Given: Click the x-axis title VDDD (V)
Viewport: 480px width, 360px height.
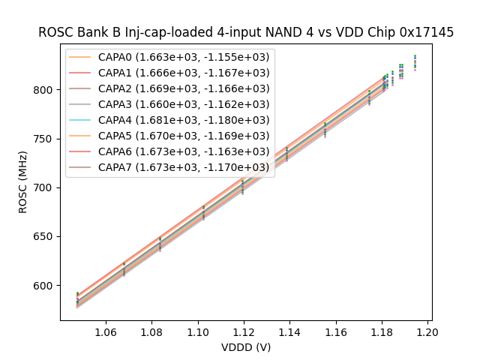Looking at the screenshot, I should click(246, 347).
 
